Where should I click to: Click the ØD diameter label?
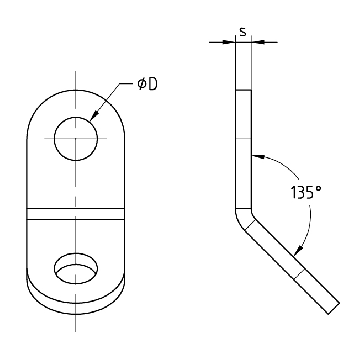(147, 84)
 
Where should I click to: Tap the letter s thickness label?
(243, 32)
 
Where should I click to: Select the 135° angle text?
(306, 192)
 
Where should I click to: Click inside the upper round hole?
(76, 139)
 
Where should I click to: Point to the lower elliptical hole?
(76, 268)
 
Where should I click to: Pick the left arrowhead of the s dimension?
(230, 42)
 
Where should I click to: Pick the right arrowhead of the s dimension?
(257, 42)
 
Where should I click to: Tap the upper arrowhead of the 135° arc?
(258, 156)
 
